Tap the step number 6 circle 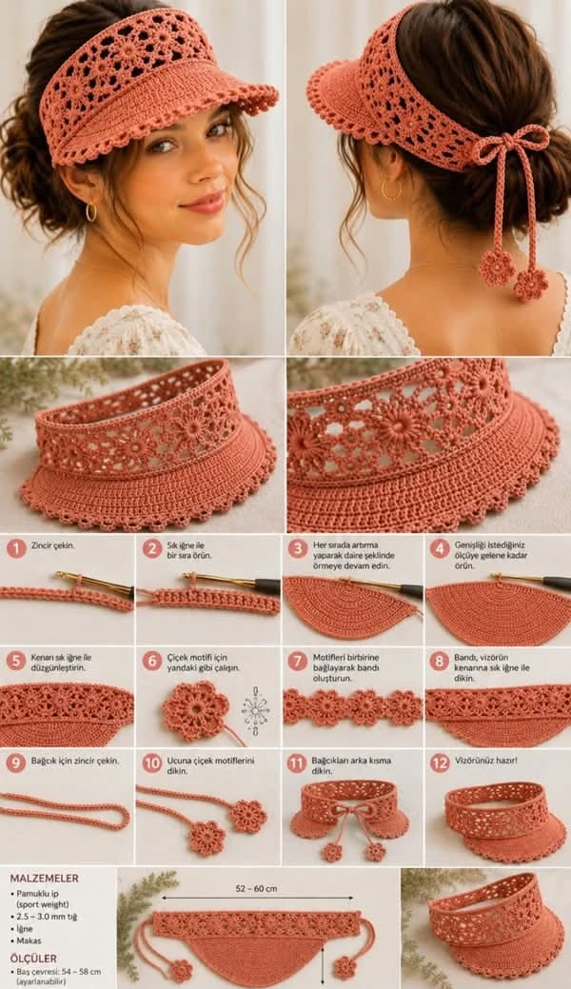click(x=151, y=661)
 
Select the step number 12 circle click(x=440, y=763)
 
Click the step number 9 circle click(x=16, y=763)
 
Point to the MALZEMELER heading click(x=44, y=878)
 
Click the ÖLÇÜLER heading click(x=32, y=959)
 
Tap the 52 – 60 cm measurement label click(x=256, y=888)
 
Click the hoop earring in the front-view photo click(x=90, y=211)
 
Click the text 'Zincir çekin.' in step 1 click(x=53, y=545)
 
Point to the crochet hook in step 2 click(x=231, y=582)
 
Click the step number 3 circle click(x=298, y=548)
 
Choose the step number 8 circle click(x=440, y=661)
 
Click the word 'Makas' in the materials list click(x=30, y=940)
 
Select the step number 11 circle click(x=297, y=763)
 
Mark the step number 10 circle click(x=151, y=763)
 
